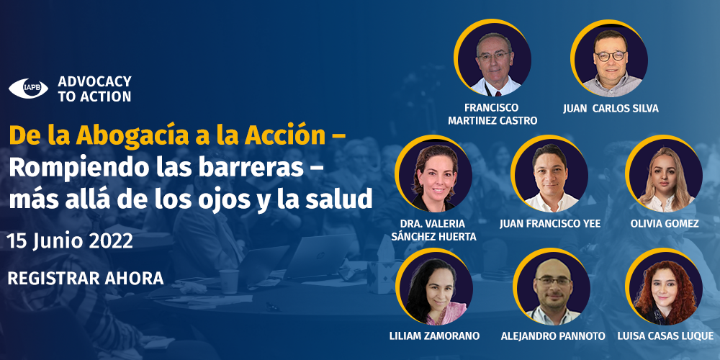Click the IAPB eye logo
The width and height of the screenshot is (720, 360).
click(28, 88)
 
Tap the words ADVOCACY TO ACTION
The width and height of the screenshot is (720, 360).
click(94, 89)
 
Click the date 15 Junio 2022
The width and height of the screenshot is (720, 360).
click(70, 241)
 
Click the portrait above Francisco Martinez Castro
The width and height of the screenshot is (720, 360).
click(492, 58)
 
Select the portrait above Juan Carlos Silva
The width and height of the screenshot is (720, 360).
click(609, 58)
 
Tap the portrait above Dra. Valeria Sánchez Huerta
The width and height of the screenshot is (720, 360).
click(433, 173)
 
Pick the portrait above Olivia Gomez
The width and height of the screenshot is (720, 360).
click(664, 173)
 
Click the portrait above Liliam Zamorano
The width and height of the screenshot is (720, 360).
click(434, 287)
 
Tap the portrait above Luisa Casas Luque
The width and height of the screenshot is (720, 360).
click(664, 287)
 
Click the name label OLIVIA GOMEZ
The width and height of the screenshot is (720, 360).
click(665, 224)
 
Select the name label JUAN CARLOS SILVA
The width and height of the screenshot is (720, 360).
click(611, 109)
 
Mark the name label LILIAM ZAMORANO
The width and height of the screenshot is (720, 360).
click(434, 336)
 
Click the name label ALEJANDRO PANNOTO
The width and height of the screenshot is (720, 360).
click(553, 336)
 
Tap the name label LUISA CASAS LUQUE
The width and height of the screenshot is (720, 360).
click(665, 336)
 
